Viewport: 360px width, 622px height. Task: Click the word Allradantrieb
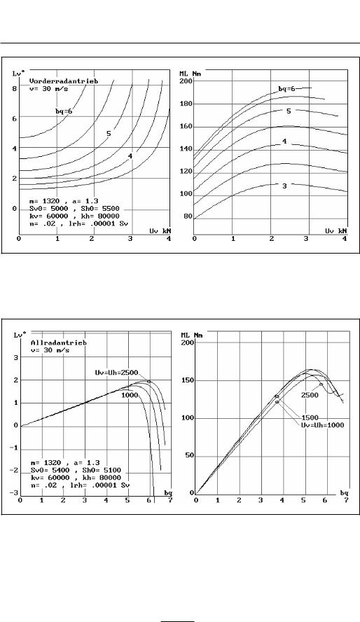59,343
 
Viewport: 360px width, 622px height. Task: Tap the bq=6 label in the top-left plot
64,111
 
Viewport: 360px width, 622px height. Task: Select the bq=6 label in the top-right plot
286,89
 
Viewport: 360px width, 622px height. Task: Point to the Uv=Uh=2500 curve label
116,373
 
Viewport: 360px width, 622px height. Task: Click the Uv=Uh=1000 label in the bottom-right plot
322,425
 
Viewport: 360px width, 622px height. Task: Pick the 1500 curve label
310,417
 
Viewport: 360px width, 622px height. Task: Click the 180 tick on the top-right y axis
187,104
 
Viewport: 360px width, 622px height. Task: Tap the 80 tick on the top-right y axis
188,217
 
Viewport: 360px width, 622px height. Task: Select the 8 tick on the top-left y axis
14,88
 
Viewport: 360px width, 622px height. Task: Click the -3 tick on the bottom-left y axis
14,492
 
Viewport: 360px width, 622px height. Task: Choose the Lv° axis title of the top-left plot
19,74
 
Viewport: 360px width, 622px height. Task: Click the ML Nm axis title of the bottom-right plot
192,336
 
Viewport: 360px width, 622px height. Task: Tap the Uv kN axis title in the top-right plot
336,230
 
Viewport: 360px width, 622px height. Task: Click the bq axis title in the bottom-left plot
168,492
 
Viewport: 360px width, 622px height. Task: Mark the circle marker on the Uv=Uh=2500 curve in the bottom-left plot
149,382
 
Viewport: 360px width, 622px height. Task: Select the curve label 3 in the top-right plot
284,186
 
